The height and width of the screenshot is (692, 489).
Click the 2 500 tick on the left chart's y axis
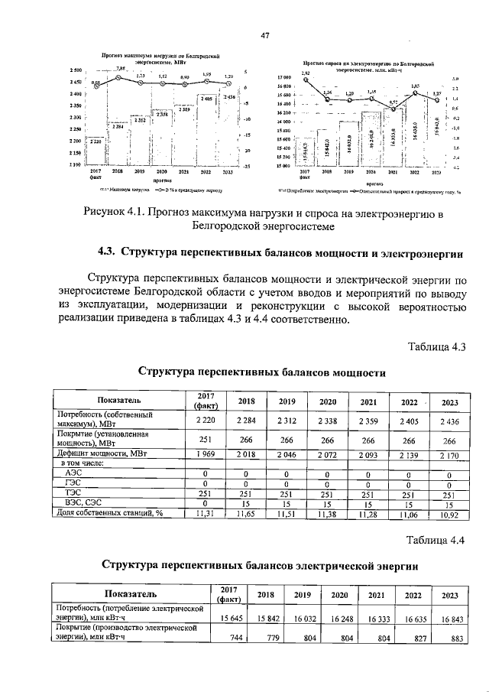(75, 70)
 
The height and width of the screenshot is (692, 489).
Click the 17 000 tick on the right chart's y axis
(283, 78)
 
